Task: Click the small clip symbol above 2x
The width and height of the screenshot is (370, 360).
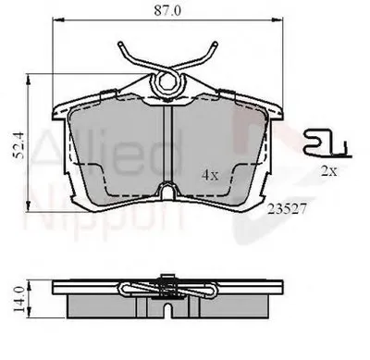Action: pos(323,143)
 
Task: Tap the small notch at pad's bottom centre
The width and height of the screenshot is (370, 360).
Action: pos(168,191)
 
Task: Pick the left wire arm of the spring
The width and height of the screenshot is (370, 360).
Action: pos(133,57)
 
